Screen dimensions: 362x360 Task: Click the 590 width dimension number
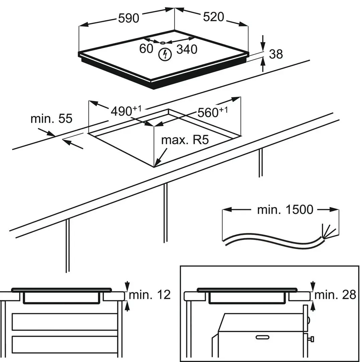pos(129,18)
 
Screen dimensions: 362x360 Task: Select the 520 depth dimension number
pos(213,16)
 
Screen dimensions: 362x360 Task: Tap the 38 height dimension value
pos(276,54)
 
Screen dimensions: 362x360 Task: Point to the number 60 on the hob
pos(146,49)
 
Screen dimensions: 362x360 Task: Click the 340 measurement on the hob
pos(187,50)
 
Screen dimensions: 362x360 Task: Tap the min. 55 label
pos(51,118)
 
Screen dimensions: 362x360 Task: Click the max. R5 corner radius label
pos(185,139)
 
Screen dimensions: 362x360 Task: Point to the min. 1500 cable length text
pos(285,210)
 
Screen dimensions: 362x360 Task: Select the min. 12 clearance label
pos(150,295)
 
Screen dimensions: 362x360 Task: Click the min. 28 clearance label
pos(335,295)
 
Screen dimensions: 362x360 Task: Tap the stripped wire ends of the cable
pos(326,231)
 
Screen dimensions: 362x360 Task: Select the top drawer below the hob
pos(65,321)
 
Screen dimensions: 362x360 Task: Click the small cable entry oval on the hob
pos(162,43)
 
